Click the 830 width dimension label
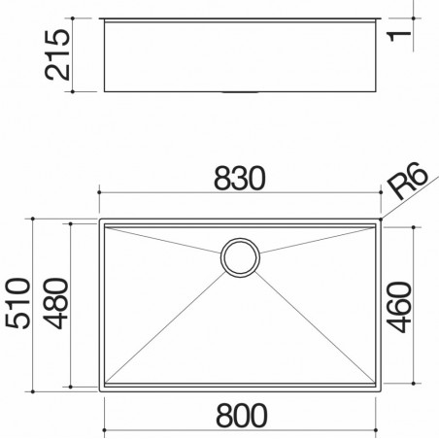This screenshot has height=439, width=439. coord(240,178)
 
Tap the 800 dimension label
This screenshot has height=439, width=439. coord(242,416)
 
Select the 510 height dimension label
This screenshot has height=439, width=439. coord(18,303)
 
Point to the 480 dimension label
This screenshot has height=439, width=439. coord(56,303)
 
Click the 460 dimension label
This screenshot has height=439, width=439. coord(399,307)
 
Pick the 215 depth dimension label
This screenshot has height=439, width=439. coord(57,54)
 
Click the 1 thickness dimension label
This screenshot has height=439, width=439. coord(399,36)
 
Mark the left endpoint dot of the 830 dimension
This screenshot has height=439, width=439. coord(99,192)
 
